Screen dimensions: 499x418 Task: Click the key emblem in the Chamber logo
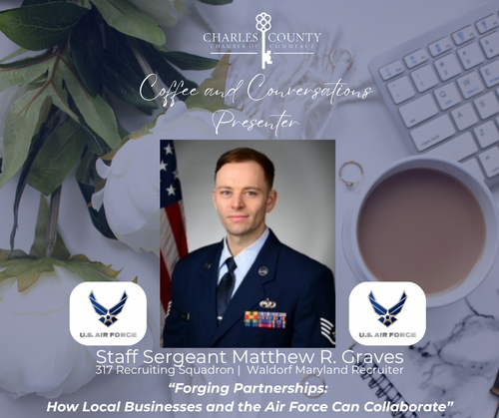(263, 40)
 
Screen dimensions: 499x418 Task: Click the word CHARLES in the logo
(231, 37)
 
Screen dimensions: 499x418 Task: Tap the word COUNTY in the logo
(294, 37)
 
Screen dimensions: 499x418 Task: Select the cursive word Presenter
(255, 122)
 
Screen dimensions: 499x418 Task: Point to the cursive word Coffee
(169, 90)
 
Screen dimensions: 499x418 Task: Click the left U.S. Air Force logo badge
(108, 313)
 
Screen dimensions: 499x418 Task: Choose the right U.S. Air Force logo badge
(387, 313)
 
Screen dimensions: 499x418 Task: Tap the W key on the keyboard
(468, 82)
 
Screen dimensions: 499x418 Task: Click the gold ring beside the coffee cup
(351, 173)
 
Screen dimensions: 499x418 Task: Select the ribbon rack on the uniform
(265, 320)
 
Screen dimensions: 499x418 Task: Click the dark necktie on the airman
(227, 286)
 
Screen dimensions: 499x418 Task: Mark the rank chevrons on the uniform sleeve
(327, 328)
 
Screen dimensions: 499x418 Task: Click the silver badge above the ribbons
(267, 303)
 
